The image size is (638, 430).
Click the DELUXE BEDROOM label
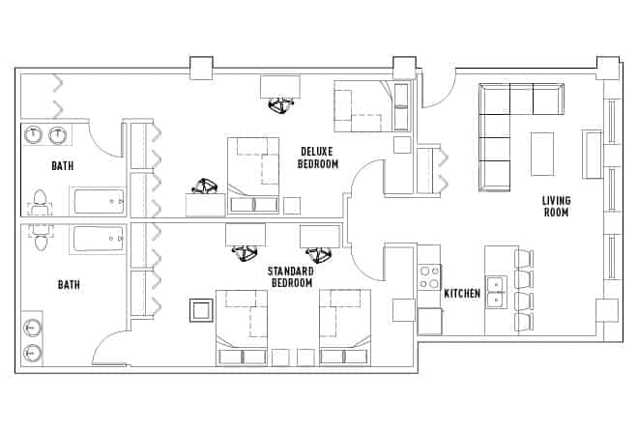[x=319, y=158]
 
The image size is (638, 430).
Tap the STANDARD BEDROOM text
[x=291, y=277]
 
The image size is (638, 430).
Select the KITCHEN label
[x=461, y=293]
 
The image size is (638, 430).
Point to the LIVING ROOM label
[x=556, y=206]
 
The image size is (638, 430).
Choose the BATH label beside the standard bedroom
[x=69, y=285]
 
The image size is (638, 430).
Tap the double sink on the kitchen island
[x=495, y=290]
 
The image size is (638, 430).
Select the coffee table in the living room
[x=542, y=153]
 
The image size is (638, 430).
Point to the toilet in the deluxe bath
[x=40, y=204]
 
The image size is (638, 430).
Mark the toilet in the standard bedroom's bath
[x=40, y=237]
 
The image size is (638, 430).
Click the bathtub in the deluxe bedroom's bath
[x=97, y=203]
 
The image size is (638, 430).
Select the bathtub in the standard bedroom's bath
[x=97, y=238]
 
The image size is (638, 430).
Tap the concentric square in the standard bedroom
[x=202, y=311]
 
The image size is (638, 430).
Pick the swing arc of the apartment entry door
[x=437, y=92]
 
